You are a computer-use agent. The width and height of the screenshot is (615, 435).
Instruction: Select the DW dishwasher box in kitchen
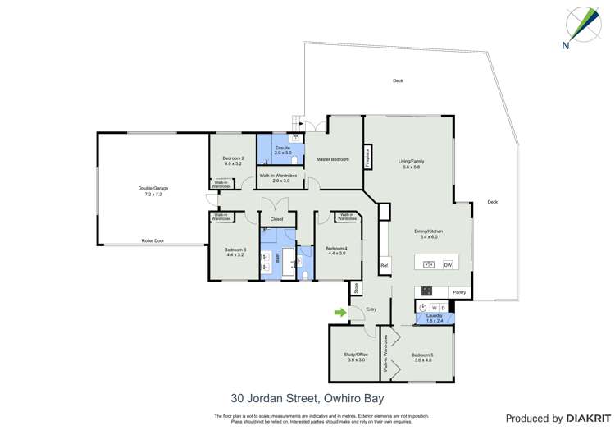coord(448,264)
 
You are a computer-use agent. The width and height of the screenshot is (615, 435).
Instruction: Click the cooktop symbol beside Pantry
coord(427,291)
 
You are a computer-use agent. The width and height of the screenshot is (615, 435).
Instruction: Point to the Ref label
coord(384,265)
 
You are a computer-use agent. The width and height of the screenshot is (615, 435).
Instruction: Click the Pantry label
coord(459,292)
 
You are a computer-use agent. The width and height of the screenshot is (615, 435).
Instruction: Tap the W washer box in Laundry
coord(433,308)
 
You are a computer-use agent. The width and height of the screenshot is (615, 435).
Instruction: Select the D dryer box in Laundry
coord(443,308)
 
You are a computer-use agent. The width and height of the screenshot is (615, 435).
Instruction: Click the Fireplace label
coord(367,158)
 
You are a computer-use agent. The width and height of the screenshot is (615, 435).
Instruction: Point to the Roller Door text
coord(153,240)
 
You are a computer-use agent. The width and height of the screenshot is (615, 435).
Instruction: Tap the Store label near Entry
coord(356,288)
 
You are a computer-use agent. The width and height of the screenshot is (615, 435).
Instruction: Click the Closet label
coord(276,219)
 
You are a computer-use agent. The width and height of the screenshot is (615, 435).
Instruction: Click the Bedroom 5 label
coord(423,355)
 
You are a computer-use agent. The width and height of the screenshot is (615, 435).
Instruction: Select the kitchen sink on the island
coord(427,264)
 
